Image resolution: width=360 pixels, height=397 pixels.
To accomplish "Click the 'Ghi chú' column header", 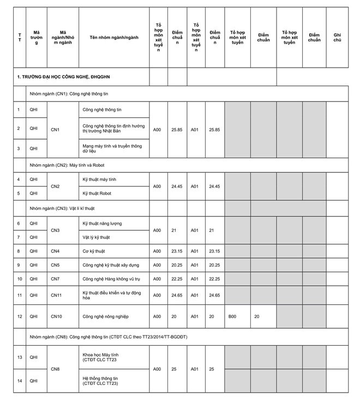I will coord(337,37).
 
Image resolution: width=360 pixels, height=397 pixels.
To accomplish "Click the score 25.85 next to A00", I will coord(177,130).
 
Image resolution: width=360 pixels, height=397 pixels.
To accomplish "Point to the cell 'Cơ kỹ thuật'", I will coord(94,251).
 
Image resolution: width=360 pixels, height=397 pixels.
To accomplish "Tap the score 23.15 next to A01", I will coord(215,251).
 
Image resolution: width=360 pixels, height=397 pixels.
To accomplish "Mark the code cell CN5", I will coord(56,265).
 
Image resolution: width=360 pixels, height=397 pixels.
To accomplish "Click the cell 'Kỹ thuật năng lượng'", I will coord(103,224).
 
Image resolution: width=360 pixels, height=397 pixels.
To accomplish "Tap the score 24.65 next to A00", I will coord(177,295).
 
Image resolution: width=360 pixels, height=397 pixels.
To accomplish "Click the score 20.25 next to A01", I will coord(215,265).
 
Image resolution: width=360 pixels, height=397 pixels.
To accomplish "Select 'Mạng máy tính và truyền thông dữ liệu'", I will coord(112,148).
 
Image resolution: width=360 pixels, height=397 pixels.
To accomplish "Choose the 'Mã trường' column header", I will coord(37,37).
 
